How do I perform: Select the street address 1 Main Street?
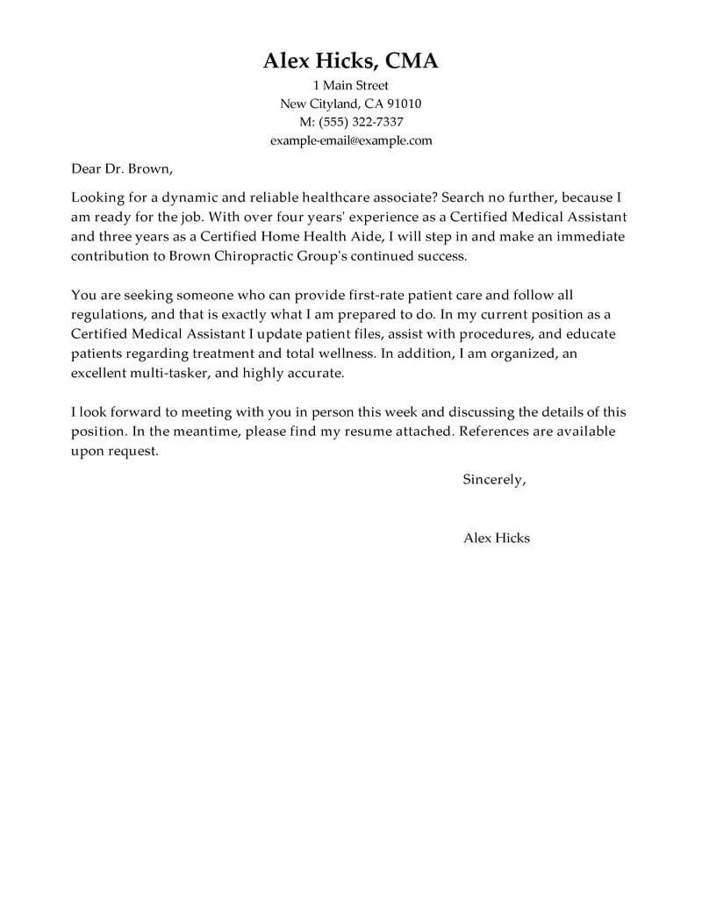tap(351, 85)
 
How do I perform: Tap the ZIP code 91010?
tap(402, 104)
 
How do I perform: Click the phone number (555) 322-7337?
tap(364, 122)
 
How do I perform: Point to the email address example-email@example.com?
tap(351, 140)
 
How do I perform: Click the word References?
tap(496, 432)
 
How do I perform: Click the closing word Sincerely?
tap(494, 479)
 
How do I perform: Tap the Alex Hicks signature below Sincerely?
tap(497, 538)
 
